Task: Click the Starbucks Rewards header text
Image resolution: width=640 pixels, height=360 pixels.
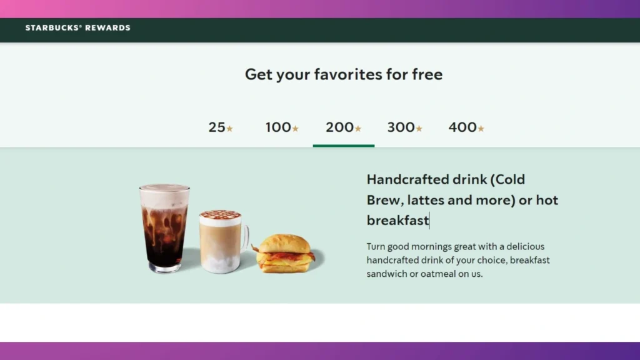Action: click(77, 28)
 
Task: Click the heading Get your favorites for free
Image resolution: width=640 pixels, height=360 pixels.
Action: click(343, 74)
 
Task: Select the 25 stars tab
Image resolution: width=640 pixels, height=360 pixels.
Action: click(220, 127)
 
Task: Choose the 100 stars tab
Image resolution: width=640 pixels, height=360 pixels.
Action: click(282, 127)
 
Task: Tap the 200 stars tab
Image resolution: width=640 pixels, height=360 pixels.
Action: click(343, 127)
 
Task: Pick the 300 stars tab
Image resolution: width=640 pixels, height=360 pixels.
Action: click(404, 127)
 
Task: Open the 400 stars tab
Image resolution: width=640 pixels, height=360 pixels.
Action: click(466, 127)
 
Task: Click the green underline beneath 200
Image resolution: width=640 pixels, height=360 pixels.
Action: click(343, 146)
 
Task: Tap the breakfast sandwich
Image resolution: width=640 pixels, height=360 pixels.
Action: click(285, 253)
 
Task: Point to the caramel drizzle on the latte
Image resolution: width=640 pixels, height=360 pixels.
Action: click(220, 215)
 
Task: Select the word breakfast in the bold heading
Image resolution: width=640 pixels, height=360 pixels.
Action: click(397, 220)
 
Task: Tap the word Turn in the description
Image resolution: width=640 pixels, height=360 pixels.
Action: click(377, 246)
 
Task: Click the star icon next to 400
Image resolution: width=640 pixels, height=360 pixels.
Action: click(481, 129)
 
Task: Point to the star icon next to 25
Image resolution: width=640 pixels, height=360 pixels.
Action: click(229, 129)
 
